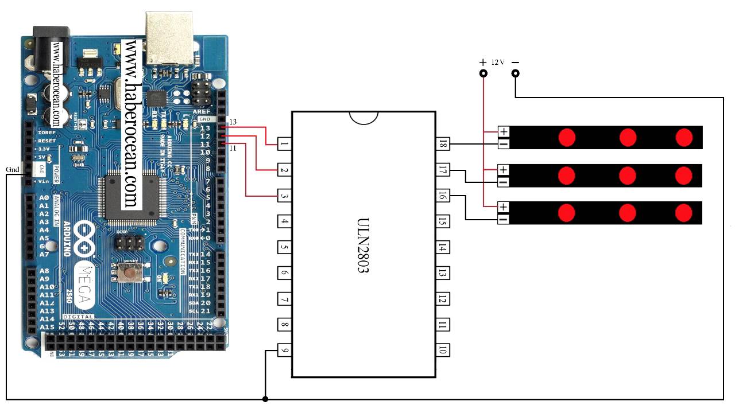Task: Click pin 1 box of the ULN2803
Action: (x=284, y=144)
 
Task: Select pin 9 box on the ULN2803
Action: (x=284, y=349)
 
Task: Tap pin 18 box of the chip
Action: (x=442, y=144)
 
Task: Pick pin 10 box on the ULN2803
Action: (x=442, y=349)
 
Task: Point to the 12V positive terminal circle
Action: (x=483, y=73)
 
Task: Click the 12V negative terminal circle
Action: (x=516, y=73)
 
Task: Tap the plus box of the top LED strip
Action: (x=504, y=132)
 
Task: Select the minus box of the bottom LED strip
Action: (x=504, y=219)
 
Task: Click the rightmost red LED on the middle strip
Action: (x=683, y=175)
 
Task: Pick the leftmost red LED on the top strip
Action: (x=567, y=138)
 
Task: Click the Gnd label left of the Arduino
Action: (x=13, y=170)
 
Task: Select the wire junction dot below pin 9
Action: (x=265, y=399)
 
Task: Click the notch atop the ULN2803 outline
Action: (x=363, y=117)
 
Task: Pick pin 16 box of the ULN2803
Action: (x=442, y=196)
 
